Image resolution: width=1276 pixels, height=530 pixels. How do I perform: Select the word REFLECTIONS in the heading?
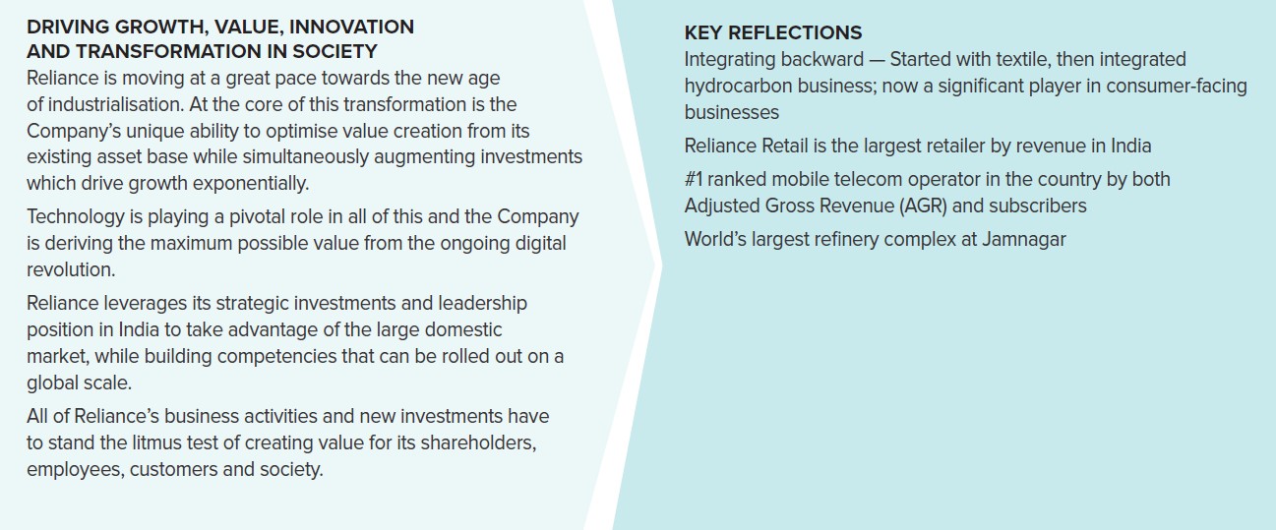tap(795, 33)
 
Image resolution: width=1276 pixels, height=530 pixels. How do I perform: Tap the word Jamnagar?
tap(1023, 240)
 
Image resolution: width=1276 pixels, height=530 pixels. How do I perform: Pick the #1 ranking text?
tap(693, 179)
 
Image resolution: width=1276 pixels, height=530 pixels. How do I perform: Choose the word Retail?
tap(785, 147)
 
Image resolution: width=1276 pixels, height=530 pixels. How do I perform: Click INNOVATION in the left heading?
tap(351, 27)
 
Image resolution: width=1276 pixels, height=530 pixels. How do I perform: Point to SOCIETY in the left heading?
tap(334, 52)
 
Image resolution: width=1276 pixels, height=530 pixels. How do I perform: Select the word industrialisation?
tap(116, 105)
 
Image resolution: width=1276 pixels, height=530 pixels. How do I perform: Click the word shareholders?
tap(478, 442)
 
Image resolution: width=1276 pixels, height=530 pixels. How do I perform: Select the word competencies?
tap(276, 357)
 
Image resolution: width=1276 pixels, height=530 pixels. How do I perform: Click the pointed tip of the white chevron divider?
tap(661, 265)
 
